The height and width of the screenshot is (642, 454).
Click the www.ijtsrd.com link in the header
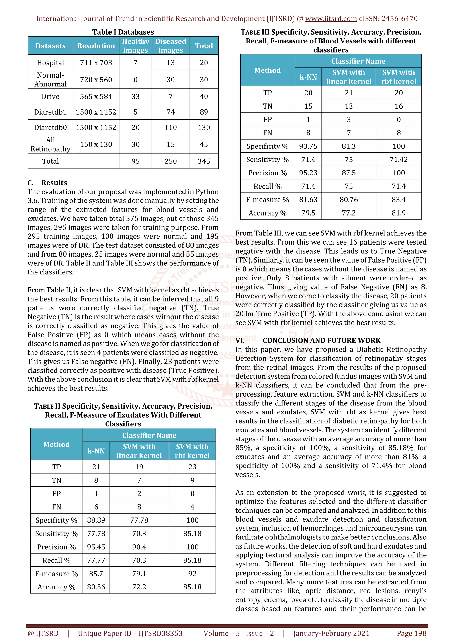331,19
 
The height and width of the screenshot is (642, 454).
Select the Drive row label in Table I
50,96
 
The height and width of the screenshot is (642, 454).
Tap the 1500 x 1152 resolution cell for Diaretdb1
96,112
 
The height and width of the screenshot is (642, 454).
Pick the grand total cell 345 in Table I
204,161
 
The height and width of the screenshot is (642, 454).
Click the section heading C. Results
47,183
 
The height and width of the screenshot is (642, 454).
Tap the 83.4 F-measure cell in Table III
398,200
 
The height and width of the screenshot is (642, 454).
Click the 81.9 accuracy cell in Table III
398,213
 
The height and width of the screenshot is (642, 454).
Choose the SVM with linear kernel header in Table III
348,77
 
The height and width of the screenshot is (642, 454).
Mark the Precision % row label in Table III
267,173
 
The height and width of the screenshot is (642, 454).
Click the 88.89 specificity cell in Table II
96,520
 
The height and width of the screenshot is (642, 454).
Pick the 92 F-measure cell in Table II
192,574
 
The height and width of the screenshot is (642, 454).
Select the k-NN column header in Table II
96,451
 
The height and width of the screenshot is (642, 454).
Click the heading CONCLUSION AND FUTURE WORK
321,340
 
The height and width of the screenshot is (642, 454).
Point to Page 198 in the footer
411,633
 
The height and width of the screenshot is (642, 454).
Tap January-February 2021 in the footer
331,633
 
